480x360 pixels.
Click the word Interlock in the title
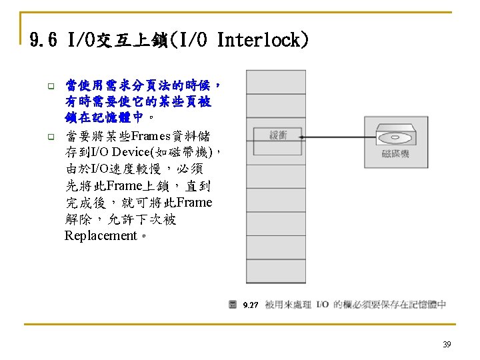(263, 41)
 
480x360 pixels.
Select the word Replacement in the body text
(100, 236)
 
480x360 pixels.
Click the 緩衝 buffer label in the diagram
(277, 135)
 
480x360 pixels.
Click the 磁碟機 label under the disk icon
(395, 154)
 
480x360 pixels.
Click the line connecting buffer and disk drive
(333, 137)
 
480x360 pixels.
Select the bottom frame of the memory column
(267, 275)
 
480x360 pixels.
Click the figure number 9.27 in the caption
(251, 305)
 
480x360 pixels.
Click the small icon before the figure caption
(233, 305)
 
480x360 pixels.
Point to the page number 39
(447, 345)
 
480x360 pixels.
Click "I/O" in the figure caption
(324, 305)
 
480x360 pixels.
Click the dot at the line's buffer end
(302, 137)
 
